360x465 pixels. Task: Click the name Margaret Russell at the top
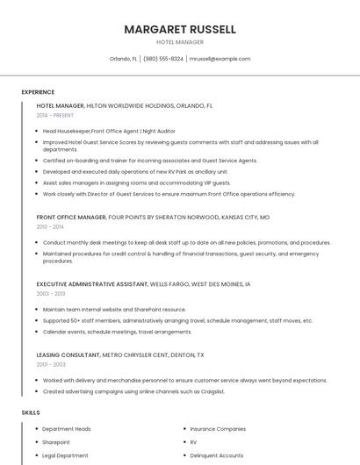pyautogui.click(x=180, y=29)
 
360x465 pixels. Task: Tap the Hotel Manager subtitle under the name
pyautogui.click(x=180, y=42)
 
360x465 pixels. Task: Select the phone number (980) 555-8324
pyautogui.click(x=163, y=59)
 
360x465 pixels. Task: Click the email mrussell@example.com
pyautogui.click(x=220, y=59)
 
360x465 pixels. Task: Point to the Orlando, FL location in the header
pyautogui.click(x=123, y=59)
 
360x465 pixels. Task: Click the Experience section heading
pyautogui.click(x=38, y=92)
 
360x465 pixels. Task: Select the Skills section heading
pyautogui.click(x=31, y=412)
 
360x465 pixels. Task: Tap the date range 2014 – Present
pyautogui.click(x=56, y=115)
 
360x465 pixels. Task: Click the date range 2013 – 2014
pyautogui.click(x=50, y=226)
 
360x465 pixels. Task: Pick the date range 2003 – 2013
pyautogui.click(x=50, y=294)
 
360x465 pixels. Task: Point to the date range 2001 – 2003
pyautogui.click(x=50, y=364)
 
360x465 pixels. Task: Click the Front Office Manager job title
pyautogui.click(x=71, y=217)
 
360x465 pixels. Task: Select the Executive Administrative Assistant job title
pyautogui.click(x=92, y=284)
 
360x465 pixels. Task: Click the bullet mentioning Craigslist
pyautogui.click(x=133, y=391)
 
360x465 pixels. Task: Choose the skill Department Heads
pyautogui.click(x=67, y=429)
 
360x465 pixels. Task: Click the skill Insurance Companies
pyautogui.click(x=218, y=429)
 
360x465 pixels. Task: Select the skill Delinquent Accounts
pyautogui.click(x=217, y=455)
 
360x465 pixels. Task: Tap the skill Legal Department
pyautogui.click(x=65, y=455)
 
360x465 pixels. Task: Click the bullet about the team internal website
pyautogui.click(x=114, y=310)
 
